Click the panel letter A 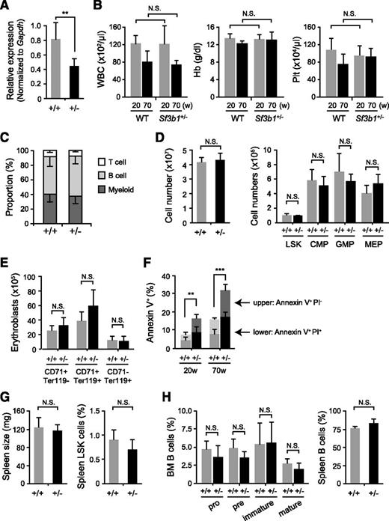tap(7, 7)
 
